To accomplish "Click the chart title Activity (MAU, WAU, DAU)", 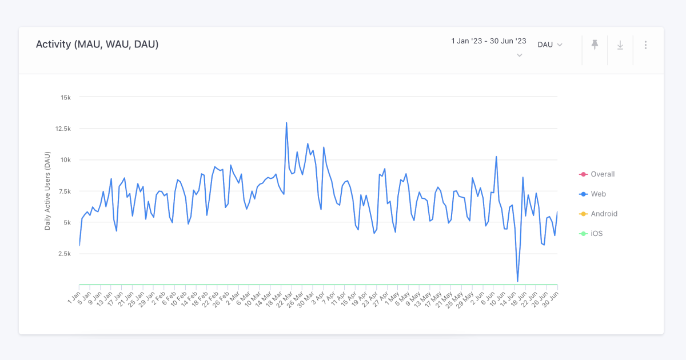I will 97,45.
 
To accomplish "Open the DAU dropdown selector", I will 550,45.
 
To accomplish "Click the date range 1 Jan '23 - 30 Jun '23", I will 489,41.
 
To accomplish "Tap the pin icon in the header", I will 595,45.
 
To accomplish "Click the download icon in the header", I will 620,45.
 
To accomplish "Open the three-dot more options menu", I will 645,45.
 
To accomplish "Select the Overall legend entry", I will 602,174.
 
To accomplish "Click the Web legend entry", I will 598,194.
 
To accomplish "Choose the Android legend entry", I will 604,214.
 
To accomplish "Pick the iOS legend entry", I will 596,234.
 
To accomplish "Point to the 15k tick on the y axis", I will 66,97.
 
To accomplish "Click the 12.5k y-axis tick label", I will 63,129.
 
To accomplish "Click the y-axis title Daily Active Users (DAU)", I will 48,191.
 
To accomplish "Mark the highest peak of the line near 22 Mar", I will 286,123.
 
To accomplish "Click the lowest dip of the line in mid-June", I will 517,281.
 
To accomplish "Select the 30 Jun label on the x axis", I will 551,298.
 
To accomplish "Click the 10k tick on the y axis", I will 66,160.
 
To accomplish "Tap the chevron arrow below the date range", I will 520,55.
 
